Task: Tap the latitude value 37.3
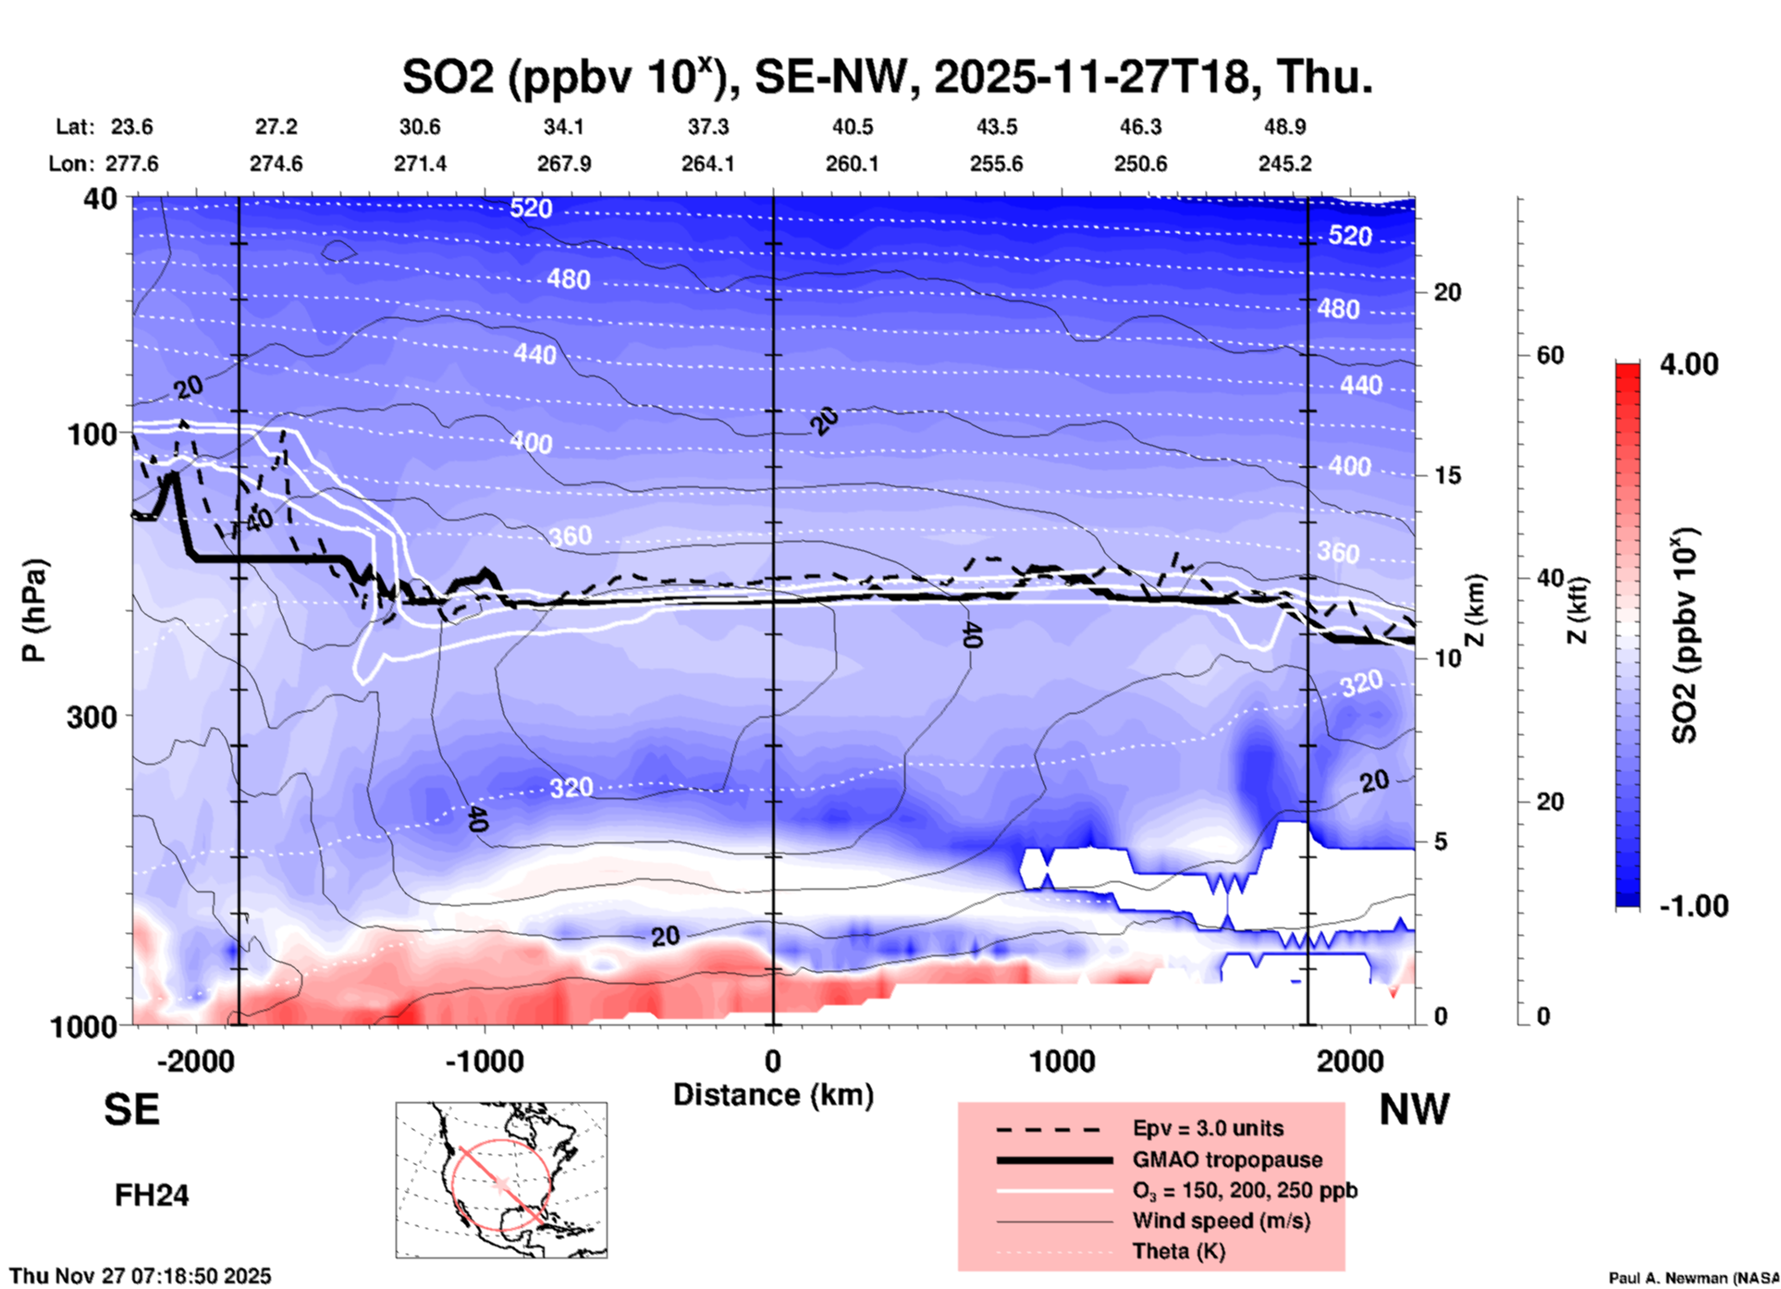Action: (x=707, y=127)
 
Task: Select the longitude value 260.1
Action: (x=852, y=164)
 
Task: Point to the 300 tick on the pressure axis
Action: (x=92, y=717)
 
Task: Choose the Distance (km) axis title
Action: (x=773, y=1095)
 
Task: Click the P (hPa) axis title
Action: (x=34, y=610)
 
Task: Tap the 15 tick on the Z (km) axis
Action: (x=1447, y=475)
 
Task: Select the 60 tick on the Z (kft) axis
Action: (x=1549, y=355)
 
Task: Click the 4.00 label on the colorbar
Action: (x=1689, y=364)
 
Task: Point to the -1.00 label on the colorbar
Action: (x=1693, y=905)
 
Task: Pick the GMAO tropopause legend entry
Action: (x=1226, y=1160)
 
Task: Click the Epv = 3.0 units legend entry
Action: (x=1207, y=1128)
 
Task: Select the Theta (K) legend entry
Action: (x=1178, y=1251)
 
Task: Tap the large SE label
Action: (x=131, y=1110)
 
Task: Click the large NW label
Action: (x=1414, y=1110)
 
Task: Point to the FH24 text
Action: (x=152, y=1196)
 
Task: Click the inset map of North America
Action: (x=501, y=1179)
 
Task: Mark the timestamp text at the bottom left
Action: (x=141, y=1276)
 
